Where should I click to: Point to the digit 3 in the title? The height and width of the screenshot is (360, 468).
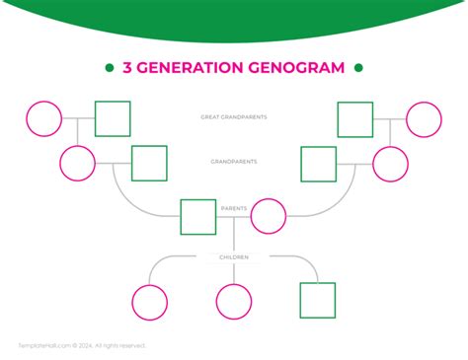click(x=127, y=68)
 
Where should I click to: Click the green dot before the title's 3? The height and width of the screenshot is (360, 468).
click(x=109, y=68)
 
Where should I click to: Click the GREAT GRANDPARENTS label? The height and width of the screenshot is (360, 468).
click(x=233, y=117)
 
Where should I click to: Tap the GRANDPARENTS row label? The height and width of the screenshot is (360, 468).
click(x=233, y=161)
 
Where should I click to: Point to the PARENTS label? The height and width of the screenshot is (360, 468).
click(x=234, y=209)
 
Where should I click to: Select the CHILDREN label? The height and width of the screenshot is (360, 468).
click(x=234, y=257)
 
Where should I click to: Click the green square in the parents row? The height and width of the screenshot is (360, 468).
click(x=198, y=217)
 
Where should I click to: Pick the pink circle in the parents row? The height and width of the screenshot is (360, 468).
click(x=269, y=216)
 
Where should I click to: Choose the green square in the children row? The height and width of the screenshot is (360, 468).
click(x=317, y=301)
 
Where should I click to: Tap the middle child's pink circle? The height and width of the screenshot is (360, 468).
click(x=234, y=302)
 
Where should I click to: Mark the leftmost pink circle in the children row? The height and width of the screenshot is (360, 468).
click(x=150, y=302)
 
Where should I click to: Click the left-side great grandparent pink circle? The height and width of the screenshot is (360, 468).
click(x=43, y=119)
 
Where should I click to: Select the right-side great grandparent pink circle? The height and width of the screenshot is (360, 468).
click(x=425, y=119)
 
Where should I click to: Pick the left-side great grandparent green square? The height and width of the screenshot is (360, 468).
click(x=113, y=119)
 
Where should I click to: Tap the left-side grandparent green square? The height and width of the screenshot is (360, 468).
click(x=149, y=164)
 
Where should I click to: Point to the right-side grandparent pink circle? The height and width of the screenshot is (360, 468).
click(x=390, y=164)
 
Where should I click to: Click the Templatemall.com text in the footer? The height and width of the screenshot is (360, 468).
click(x=44, y=345)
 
